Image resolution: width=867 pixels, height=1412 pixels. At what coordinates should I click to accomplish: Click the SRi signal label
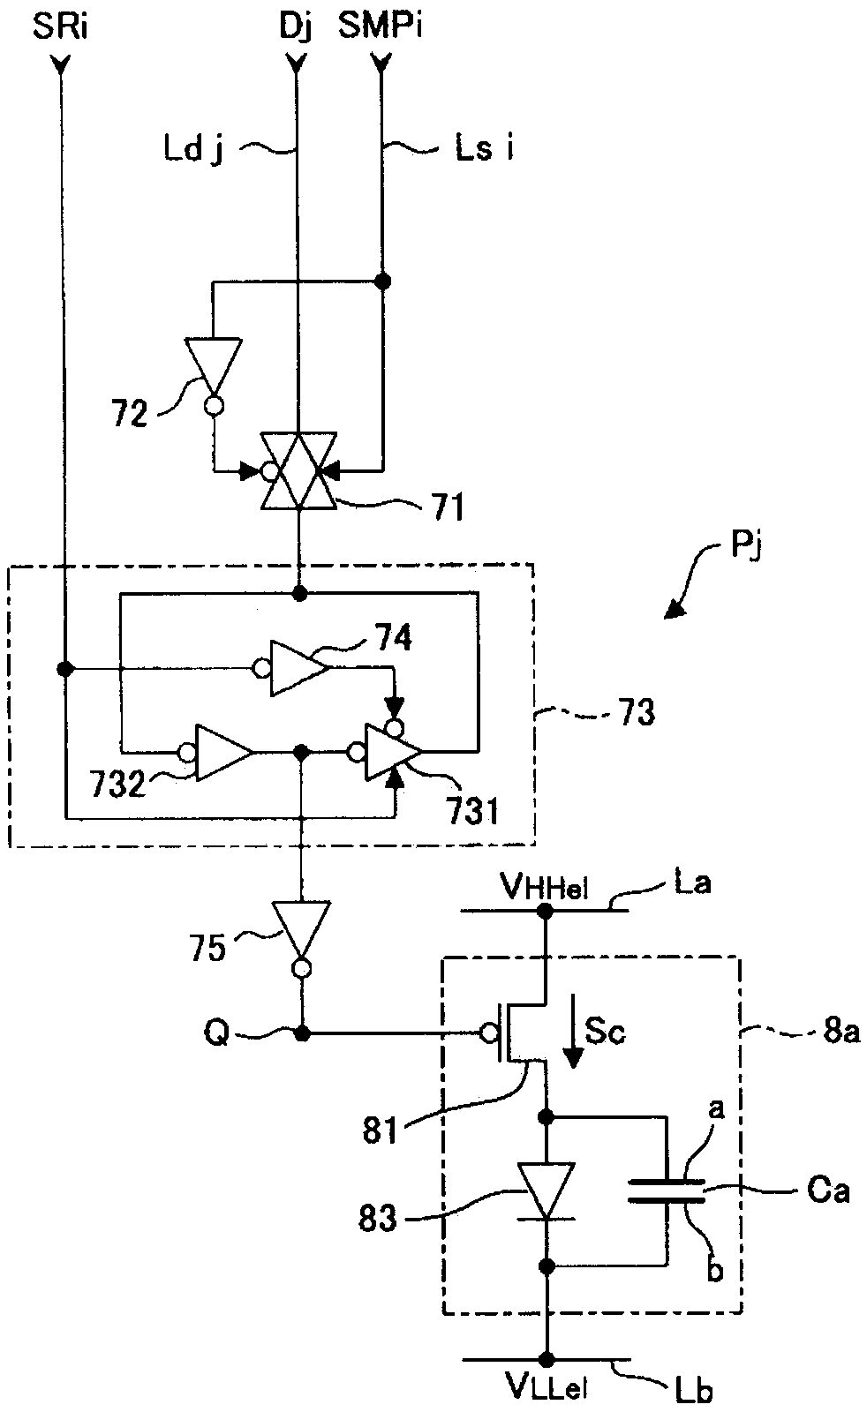[x=60, y=27]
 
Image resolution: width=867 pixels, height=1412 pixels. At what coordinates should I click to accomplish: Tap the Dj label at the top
[x=295, y=29]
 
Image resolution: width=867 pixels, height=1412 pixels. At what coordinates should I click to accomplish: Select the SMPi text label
[x=381, y=27]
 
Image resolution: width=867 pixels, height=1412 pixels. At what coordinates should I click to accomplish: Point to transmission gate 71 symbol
[x=299, y=470]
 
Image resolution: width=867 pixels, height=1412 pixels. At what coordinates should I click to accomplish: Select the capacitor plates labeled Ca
[x=666, y=1190]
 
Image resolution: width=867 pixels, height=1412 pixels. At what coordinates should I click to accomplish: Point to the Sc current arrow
[x=572, y=1032]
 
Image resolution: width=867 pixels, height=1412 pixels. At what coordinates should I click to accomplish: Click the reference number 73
[x=636, y=713]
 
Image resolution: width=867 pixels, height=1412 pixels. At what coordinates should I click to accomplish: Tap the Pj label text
[x=747, y=546]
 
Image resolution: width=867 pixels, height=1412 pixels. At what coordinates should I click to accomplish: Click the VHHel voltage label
[x=545, y=889]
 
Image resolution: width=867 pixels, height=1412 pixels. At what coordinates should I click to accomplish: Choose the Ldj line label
[x=193, y=151]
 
